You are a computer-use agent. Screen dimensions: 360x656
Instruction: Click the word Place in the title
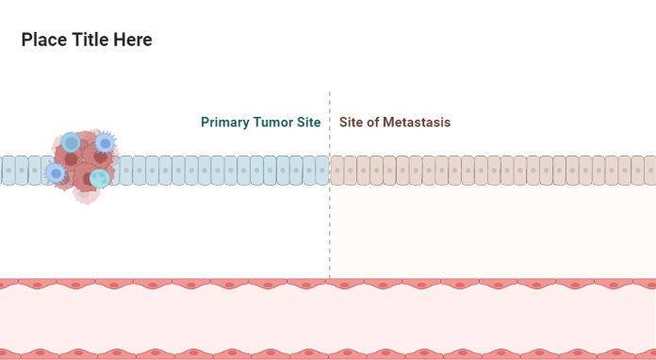click(43, 40)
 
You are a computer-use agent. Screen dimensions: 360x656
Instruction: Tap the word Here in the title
click(135, 40)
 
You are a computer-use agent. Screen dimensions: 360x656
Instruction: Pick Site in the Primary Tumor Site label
click(309, 123)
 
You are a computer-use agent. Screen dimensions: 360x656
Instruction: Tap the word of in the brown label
click(371, 123)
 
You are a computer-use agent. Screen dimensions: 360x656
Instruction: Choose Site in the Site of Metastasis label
click(351, 123)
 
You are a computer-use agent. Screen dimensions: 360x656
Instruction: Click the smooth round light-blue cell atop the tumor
click(72, 142)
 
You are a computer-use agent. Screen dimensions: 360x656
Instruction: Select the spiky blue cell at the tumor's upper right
click(105, 143)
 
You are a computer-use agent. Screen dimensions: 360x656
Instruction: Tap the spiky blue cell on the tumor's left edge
click(57, 173)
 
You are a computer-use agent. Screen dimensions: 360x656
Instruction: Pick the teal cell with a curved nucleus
click(99, 177)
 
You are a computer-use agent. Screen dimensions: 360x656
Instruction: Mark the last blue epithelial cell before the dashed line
click(322, 171)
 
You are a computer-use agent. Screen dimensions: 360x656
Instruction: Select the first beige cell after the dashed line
click(337, 171)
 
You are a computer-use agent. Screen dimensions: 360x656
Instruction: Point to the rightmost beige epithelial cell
click(650, 171)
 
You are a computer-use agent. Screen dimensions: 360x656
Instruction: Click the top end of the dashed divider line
click(330, 93)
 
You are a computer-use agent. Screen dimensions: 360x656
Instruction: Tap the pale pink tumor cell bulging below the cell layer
click(86, 195)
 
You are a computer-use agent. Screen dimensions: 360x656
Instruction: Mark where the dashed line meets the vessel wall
click(330, 279)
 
